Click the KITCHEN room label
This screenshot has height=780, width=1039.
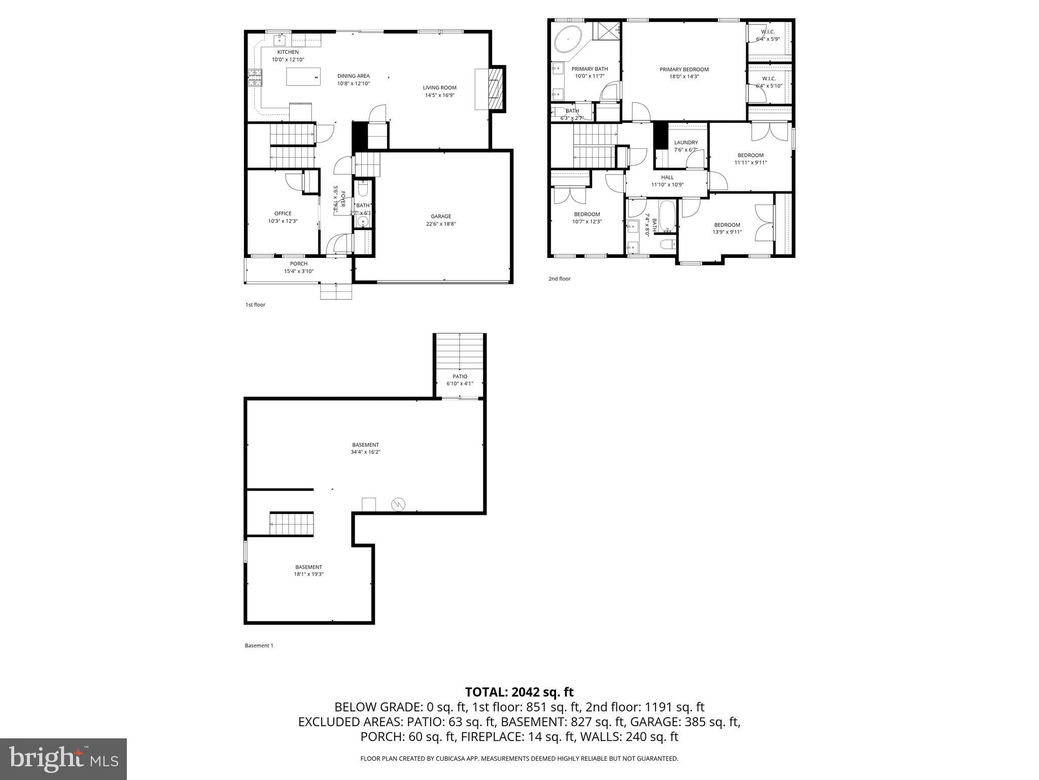pos(288,52)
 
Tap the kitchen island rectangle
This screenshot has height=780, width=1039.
pos(303,77)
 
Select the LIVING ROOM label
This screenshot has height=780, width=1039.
pos(439,88)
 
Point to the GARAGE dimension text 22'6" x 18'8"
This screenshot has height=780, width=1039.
pos(440,224)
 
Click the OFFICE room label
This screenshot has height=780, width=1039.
pos(283,214)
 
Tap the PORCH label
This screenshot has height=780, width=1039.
pos(298,264)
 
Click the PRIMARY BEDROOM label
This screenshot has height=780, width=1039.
pos(684,70)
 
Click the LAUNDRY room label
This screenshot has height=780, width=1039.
pos(685,143)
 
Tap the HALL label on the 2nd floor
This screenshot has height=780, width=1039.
pos(667,178)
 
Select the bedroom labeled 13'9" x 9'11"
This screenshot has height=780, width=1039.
pos(726,229)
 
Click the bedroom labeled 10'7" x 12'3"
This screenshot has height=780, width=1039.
pos(586,218)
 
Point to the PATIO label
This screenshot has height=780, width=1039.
pos(460,377)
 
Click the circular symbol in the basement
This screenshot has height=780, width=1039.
pos(398,504)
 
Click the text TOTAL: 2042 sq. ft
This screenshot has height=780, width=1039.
pos(519,692)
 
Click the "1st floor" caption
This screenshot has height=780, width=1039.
pos(255,305)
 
